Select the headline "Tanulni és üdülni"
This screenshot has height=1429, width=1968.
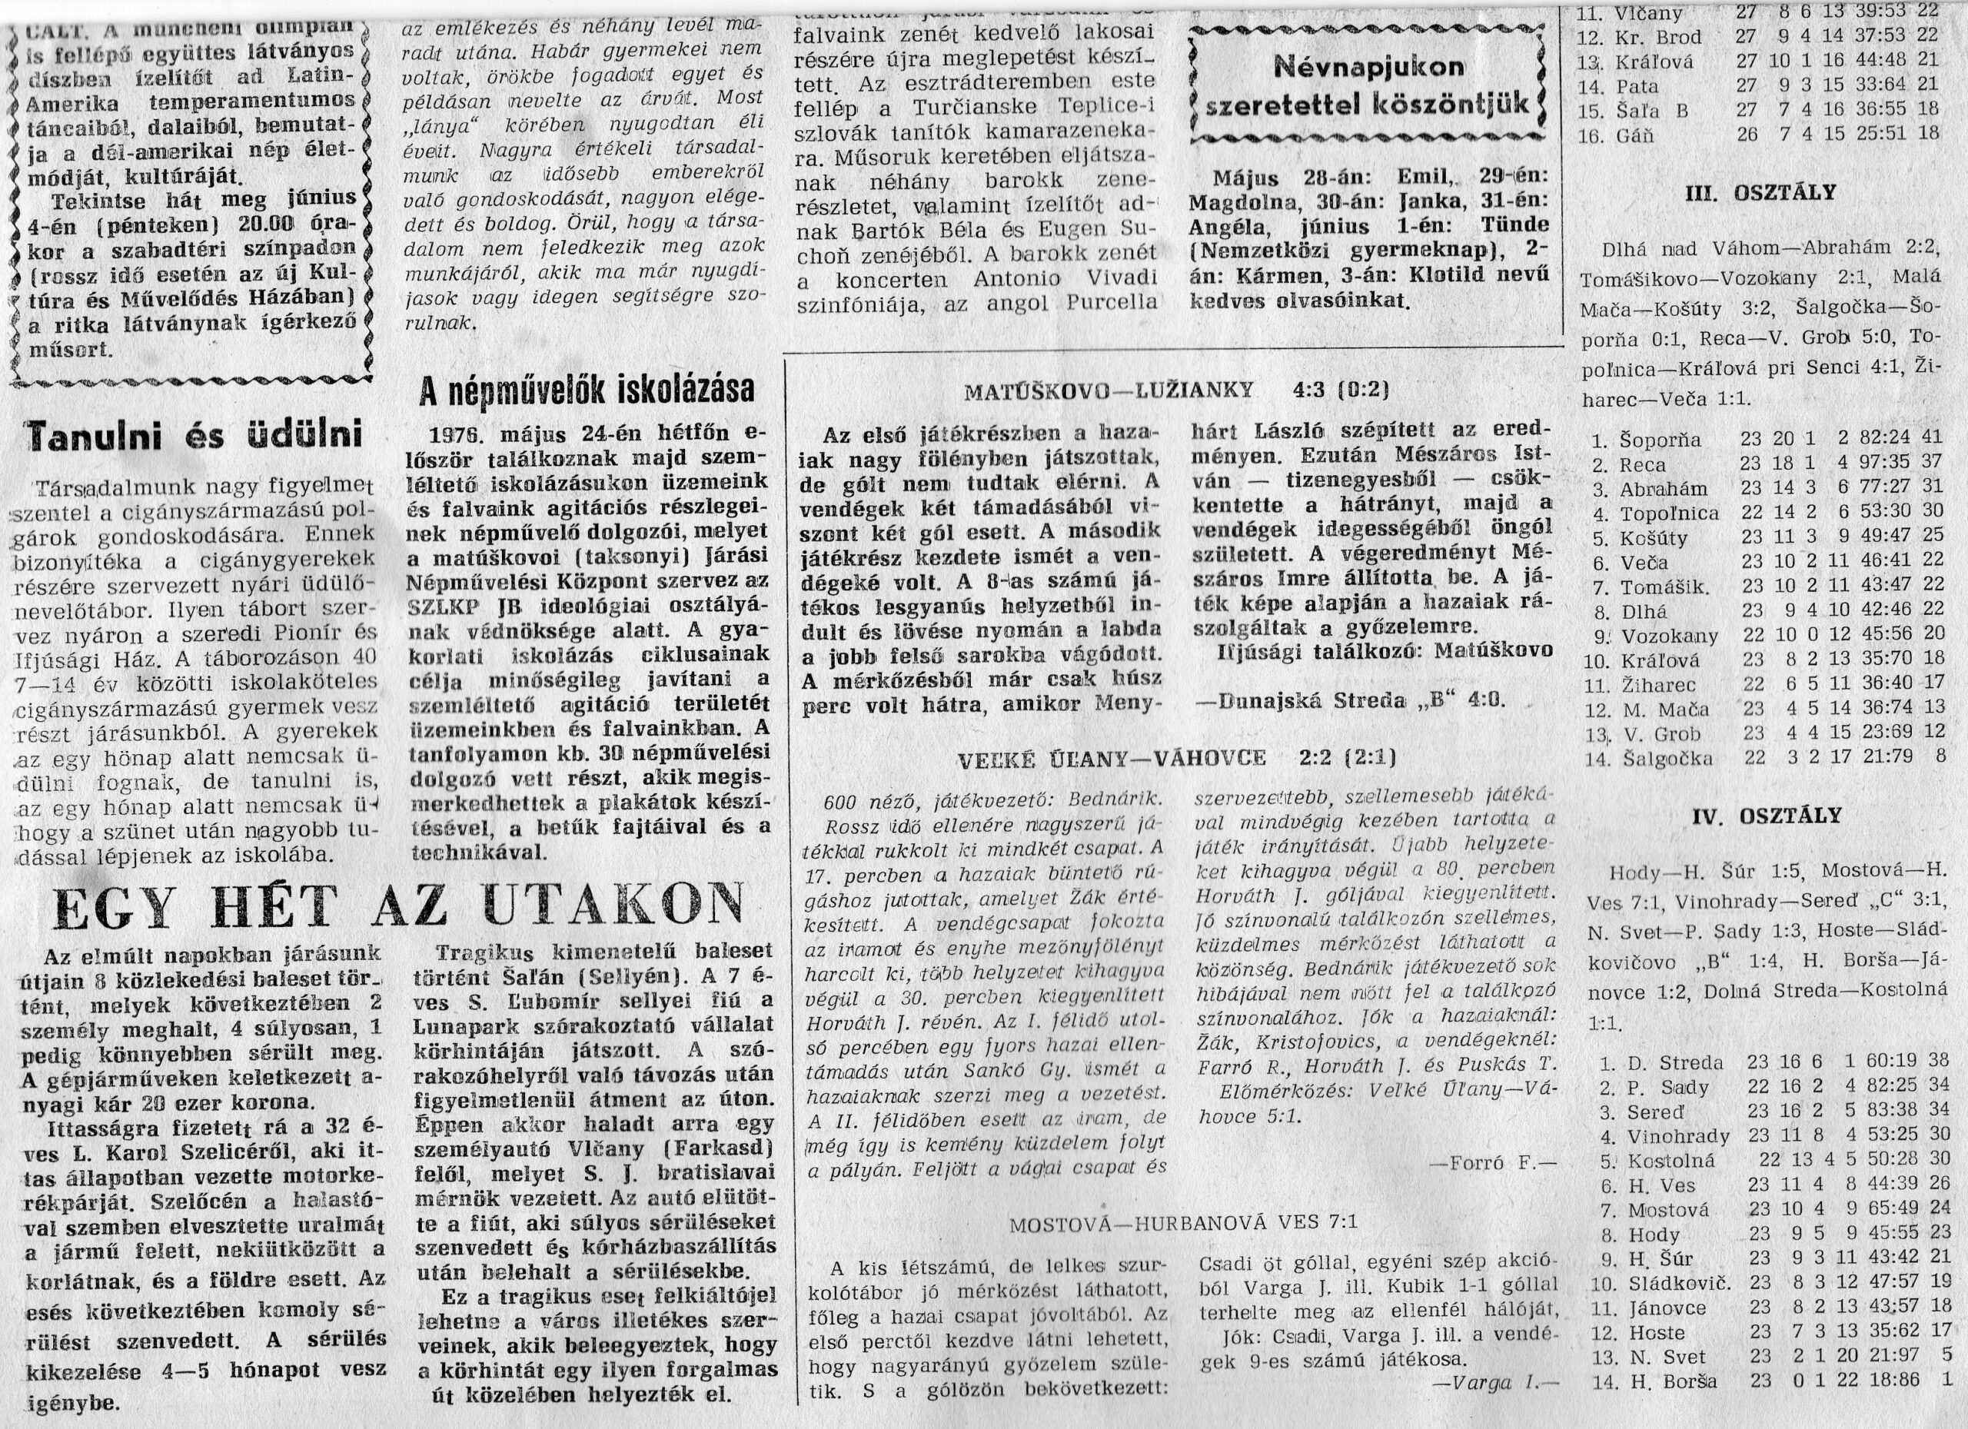[194, 436]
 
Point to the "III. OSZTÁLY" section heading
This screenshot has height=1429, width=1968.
[1760, 193]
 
